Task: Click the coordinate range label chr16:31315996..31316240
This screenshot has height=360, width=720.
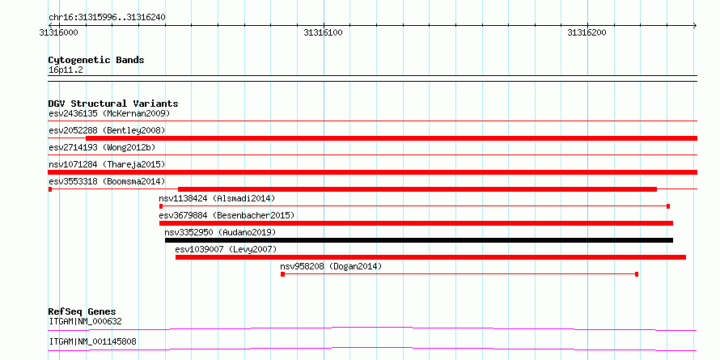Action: (x=107, y=18)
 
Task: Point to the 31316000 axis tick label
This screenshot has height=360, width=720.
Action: (x=59, y=32)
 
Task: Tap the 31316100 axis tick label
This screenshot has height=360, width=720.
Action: (x=324, y=32)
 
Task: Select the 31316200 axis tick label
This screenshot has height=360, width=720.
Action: (x=587, y=32)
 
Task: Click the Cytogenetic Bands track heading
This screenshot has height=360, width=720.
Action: (x=96, y=60)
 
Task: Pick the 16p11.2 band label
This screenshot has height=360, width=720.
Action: (x=66, y=70)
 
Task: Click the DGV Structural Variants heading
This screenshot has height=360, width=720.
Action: (x=113, y=104)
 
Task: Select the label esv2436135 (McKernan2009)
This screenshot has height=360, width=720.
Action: (x=109, y=113)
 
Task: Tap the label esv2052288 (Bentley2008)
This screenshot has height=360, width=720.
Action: (x=107, y=130)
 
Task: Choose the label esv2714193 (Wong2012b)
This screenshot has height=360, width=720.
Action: (x=102, y=147)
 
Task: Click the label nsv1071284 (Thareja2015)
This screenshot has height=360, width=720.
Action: (x=107, y=164)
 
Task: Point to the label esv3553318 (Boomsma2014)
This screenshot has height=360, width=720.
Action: (x=107, y=181)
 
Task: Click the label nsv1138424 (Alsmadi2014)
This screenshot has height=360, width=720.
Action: (x=217, y=198)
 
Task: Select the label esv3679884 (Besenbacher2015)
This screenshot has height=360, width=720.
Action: (x=227, y=215)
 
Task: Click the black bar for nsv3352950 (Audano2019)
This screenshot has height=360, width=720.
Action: (x=419, y=240)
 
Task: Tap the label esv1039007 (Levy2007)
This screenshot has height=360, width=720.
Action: (x=226, y=249)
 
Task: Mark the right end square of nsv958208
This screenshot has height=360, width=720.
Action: (x=637, y=274)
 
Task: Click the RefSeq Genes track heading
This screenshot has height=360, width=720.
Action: (x=83, y=312)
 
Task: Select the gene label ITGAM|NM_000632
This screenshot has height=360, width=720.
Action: (x=86, y=322)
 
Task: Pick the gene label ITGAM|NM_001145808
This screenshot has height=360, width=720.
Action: (x=92, y=342)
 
